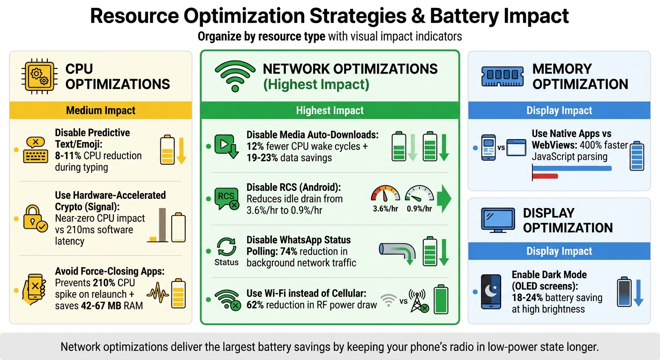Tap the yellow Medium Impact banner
click(x=101, y=111)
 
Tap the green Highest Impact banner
click(x=330, y=111)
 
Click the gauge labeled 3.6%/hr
click(x=385, y=195)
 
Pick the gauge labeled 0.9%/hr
click(x=420, y=195)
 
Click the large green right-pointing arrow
click(x=443, y=198)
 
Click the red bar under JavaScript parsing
click(x=545, y=176)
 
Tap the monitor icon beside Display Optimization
click(x=498, y=220)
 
